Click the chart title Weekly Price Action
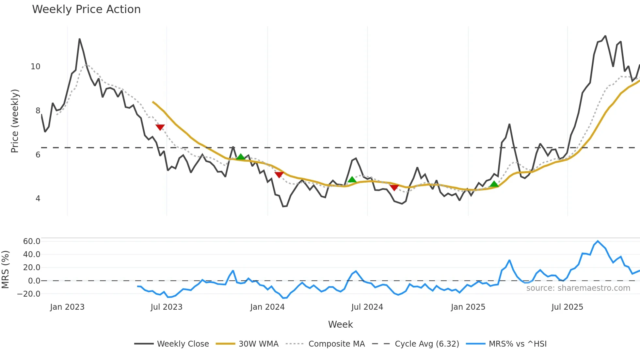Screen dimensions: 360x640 86,9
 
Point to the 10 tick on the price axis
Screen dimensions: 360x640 35,67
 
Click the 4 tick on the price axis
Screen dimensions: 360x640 38,199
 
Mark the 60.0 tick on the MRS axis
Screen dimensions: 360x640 32,241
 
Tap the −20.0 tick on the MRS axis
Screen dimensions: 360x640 29,294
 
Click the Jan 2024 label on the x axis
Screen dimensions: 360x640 267,307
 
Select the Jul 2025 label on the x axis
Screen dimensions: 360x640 567,307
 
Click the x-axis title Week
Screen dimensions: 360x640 340,324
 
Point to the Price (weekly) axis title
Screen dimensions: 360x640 15,121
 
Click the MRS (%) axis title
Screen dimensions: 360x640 5,270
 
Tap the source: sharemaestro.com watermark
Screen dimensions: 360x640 578,288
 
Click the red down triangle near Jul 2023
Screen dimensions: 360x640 160,127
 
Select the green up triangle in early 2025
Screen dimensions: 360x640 494,184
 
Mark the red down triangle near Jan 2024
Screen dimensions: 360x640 279,175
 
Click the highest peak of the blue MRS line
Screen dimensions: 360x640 598,241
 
